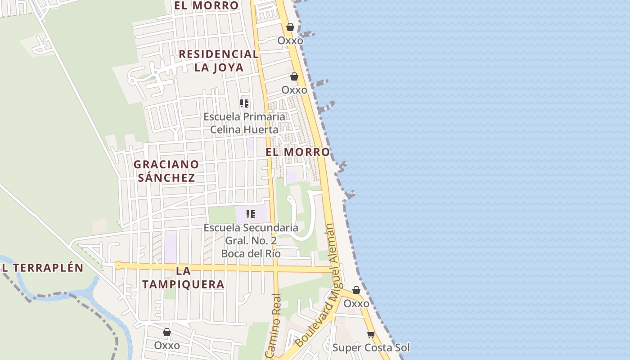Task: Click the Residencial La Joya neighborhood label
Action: pos(219,61)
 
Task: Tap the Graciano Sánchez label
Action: pos(166,171)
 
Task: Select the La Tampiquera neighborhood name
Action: pos(183,278)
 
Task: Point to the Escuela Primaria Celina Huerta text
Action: pos(244,123)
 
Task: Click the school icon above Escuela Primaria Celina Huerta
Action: pos(244,103)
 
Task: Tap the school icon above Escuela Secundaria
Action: pos(251,214)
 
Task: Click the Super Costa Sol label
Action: pos(371,348)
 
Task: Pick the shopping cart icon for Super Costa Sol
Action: pos(371,334)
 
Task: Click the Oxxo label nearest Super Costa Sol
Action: pos(356,304)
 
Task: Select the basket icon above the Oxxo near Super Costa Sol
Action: pos(356,290)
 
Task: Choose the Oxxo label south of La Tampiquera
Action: pos(167,346)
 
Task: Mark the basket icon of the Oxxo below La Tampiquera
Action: pos(167,332)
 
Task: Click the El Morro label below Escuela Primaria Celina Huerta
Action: pos(297,152)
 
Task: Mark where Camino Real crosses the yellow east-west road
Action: pos(275,269)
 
